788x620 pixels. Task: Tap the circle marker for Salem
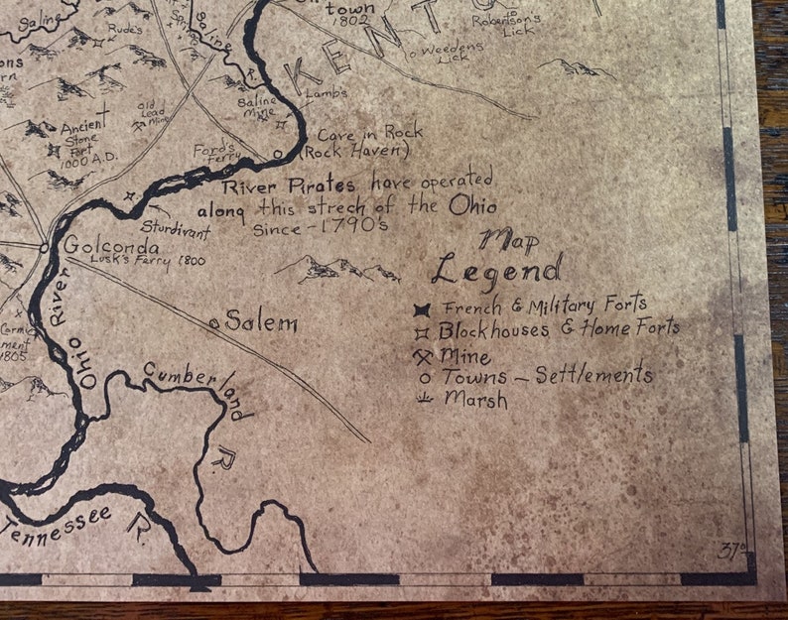(214, 323)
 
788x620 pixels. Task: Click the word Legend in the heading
(496, 269)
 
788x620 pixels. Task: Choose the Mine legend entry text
(466, 356)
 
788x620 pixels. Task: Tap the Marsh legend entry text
(475, 400)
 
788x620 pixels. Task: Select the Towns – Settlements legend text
(547, 375)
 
